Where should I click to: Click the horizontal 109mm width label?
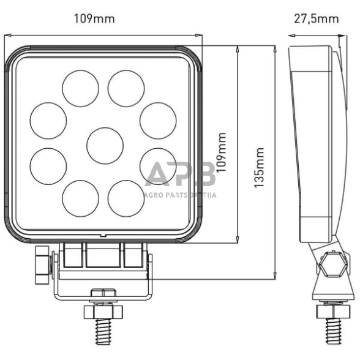94,18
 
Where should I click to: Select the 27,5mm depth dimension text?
316,18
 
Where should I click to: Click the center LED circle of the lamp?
105,146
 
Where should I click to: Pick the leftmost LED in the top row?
80,88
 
